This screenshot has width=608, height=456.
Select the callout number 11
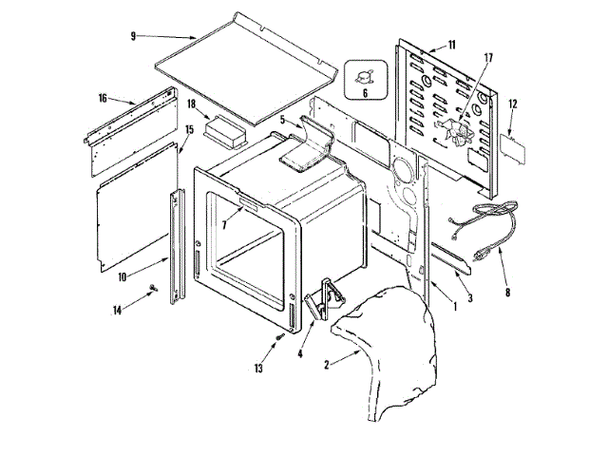451,45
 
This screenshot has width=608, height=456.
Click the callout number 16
102,97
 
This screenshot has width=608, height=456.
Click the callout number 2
327,362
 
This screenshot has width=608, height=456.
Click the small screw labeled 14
151,290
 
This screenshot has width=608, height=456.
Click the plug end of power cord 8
490,253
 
